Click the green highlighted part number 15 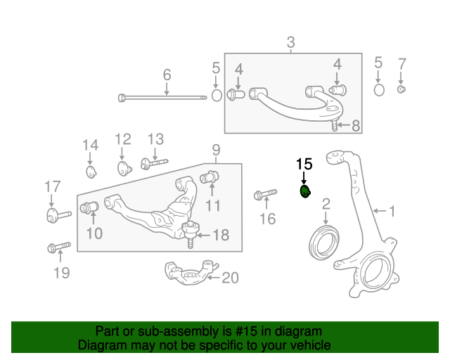point(305,191)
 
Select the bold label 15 point(304,165)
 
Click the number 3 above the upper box point(291,44)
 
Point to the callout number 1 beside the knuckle point(392,210)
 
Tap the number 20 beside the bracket point(230,278)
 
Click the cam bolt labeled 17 point(56,214)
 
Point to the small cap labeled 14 point(90,172)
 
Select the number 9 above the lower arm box point(216,150)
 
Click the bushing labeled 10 point(89,208)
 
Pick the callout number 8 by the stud point(356,126)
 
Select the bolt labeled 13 point(153,165)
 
